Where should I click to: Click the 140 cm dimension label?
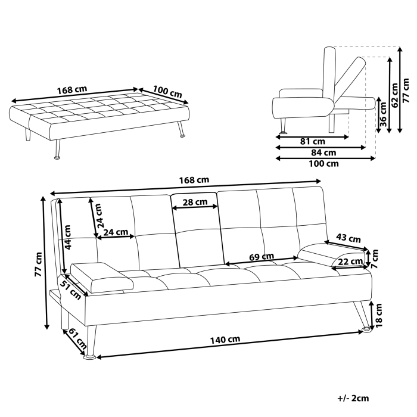point(225,340)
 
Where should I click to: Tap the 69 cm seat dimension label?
point(262,257)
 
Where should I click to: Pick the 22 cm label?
point(351,262)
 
